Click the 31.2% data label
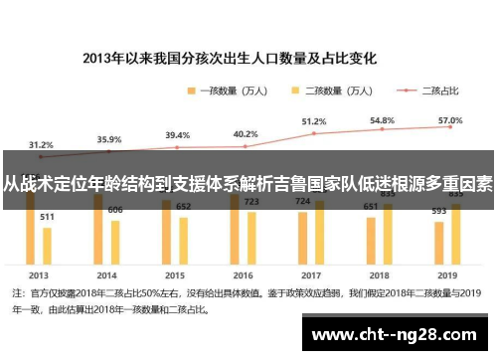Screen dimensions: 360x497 pyautogui.click(x=41, y=144)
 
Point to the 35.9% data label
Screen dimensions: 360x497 pyautogui.click(x=109, y=140)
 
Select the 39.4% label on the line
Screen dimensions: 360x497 pyautogui.click(x=177, y=135)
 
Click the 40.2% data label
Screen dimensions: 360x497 pyautogui.click(x=246, y=134)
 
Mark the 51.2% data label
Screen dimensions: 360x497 pyautogui.click(x=314, y=121)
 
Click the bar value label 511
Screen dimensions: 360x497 pyautogui.click(x=47, y=216)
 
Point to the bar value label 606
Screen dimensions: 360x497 pyautogui.click(x=115, y=210)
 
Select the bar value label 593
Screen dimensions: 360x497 pyautogui.click(x=438, y=210)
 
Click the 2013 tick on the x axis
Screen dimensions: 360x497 pyautogui.click(x=40, y=274)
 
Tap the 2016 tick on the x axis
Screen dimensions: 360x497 pyautogui.click(x=245, y=274)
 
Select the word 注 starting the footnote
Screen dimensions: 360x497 pyautogui.click(x=17, y=293)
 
